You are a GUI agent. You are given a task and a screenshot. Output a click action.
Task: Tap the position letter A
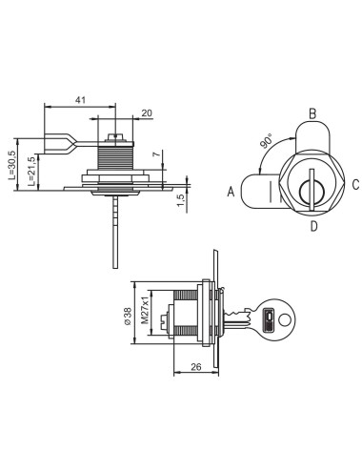point(231,191)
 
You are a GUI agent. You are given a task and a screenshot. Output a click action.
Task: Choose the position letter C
point(353,184)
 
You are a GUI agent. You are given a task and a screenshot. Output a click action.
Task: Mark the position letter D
point(312,226)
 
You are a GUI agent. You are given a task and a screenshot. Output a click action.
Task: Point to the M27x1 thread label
point(148,309)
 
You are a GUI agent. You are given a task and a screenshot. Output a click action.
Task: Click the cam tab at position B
point(311,136)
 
